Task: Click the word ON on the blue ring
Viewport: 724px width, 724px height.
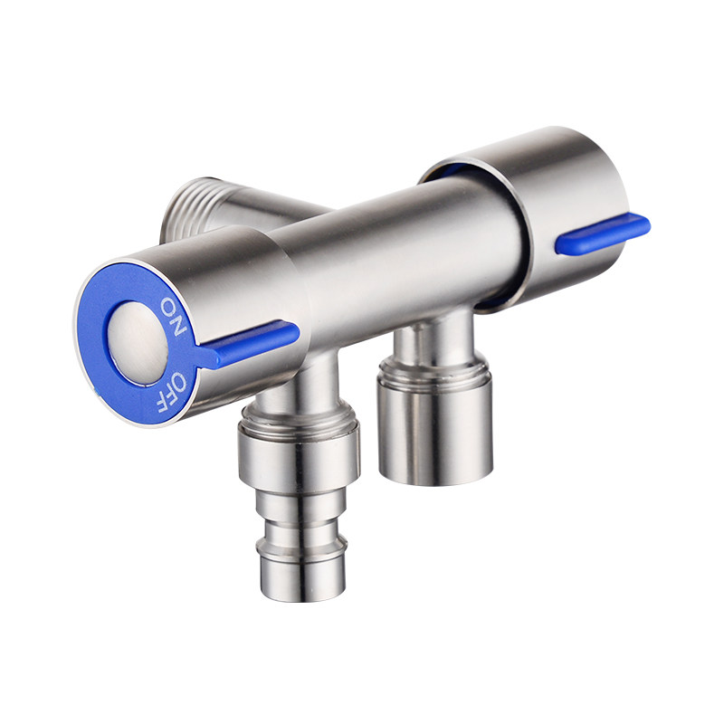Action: [173, 316]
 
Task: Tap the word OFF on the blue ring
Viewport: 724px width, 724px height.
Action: [172, 392]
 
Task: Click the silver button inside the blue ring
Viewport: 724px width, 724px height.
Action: [138, 342]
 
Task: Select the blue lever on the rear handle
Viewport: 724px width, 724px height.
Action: [603, 233]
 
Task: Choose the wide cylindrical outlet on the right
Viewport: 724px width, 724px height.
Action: [435, 429]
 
